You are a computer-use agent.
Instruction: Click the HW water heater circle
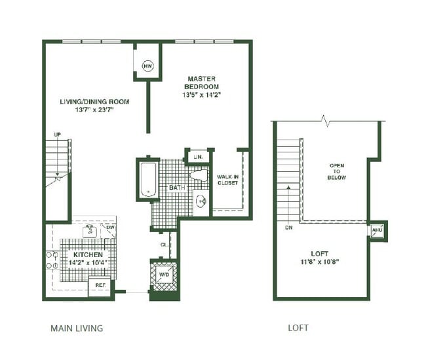click(148, 66)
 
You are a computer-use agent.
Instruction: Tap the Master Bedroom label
click(202, 83)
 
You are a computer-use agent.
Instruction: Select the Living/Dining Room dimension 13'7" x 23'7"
click(94, 110)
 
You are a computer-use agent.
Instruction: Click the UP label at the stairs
click(57, 134)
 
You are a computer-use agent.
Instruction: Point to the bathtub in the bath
click(148, 179)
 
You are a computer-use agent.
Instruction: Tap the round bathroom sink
click(201, 201)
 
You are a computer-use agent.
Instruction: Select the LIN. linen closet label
click(198, 157)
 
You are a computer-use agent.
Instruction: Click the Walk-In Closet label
click(227, 180)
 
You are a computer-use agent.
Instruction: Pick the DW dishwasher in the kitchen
click(109, 231)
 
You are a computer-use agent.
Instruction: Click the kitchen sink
click(90, 231)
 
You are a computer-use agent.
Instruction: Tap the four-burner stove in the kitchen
click(52, 260)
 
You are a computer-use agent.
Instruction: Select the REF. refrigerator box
click(100, 287)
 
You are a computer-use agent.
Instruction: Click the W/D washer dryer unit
click(164, 275)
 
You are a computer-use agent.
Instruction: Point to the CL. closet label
click(164, 245)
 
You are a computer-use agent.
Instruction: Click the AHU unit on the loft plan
click(377, 230)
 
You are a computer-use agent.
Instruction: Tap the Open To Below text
click(337, 172)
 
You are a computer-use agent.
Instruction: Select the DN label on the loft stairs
click(289, 228)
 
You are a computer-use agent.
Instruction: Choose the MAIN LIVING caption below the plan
click(77, 328)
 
